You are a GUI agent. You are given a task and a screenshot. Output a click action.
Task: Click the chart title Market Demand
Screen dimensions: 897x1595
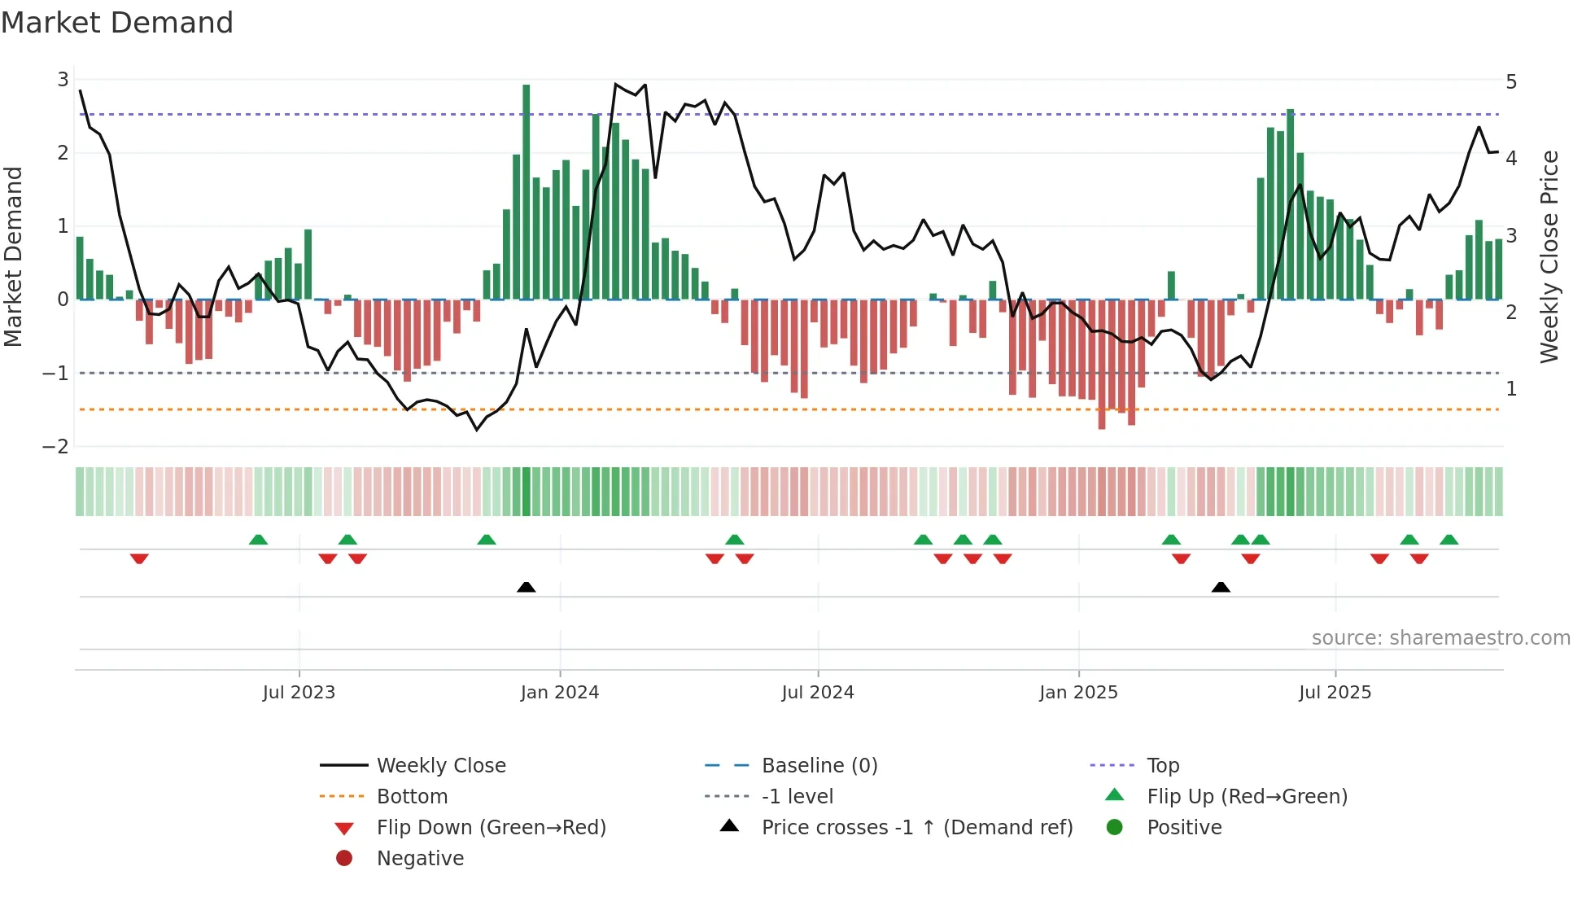pos(117,23)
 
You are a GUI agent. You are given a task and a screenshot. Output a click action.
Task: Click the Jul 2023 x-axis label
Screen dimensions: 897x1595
pos(299,693)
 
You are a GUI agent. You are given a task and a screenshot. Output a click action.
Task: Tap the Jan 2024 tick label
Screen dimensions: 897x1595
pos(560,693)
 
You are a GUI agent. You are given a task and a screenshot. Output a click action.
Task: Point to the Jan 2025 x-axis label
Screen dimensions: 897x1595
pos(1078,693)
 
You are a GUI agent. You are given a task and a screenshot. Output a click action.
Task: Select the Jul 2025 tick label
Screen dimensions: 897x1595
pos(1335,693)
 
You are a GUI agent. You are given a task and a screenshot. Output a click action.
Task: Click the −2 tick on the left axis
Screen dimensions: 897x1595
pos(55,447)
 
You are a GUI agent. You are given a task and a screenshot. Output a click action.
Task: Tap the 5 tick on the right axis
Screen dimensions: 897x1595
pos(1511,82)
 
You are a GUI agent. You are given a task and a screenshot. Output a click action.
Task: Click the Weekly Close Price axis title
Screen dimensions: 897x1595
pos(1549,256)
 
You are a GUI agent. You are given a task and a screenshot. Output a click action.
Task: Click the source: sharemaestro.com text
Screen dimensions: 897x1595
pos(1440,638)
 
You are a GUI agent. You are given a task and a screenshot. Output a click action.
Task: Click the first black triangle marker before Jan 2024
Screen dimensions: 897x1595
pos(527,587)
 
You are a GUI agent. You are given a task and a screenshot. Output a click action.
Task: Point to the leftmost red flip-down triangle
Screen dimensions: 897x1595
pos(139,559)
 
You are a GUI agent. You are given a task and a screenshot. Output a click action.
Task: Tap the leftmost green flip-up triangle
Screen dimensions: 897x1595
pos(258,540)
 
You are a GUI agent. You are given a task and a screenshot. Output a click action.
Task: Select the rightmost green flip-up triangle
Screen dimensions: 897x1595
pos(1449,540)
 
